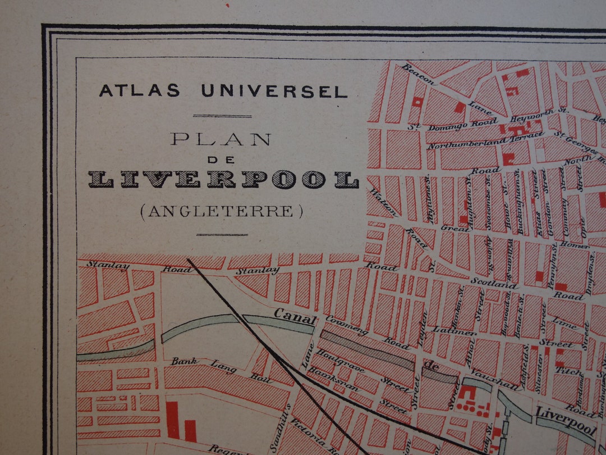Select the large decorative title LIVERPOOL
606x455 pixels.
223,179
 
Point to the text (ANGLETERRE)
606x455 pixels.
222,211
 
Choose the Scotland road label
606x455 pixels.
494,283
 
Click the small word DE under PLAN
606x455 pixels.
221,160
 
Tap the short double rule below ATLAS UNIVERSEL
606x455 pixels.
222,116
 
